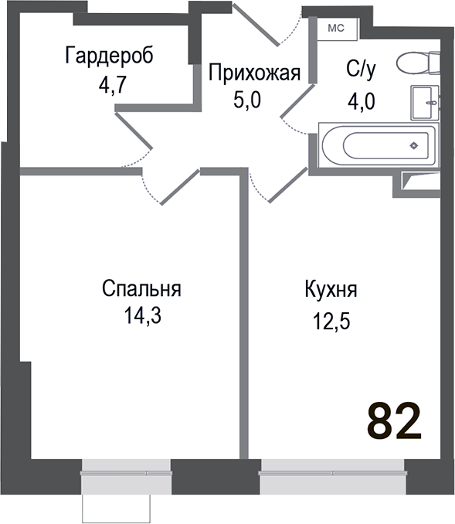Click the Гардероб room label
pyautogui.click(x=109, y=56)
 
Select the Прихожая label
pyautogui.click(x=253, y=73)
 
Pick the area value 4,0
pyautogui.click(x=360, y=100)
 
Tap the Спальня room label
pyautogui.click(x=141, y=290)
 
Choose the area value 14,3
pyautogui.click(x=141, y=316)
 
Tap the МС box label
pyautogui.click(x=337, y=28)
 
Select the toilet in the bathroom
pyautogui.click(x=417, y=63)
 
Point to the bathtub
pyautogui.click(x=378, y=145)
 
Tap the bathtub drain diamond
pyautogui.click(x=414, y=145)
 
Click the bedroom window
pyautogui.click(x=125, y=468)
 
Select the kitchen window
pyautogui.click(x=332, y=468)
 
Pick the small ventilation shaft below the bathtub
pyautogui.click(x=422, y=181)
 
